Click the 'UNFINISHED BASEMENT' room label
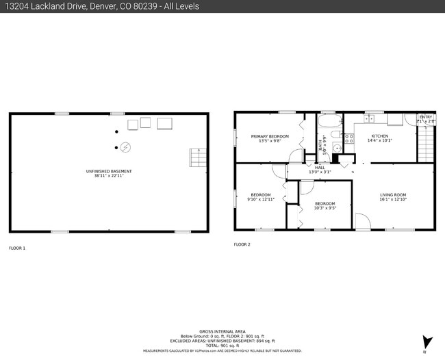point(109,171)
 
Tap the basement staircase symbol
point(197,159)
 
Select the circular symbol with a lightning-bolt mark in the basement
point(125,146)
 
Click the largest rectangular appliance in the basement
point(165,124)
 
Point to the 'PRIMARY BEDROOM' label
point(270,136)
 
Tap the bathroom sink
point(336,147)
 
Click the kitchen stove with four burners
point(348,140)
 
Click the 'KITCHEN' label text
point(380,136)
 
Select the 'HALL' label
point(319,167)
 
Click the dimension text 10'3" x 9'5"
point(325,208)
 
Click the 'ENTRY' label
point(426,117)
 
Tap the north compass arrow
point(427,342)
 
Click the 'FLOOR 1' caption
point(17,248)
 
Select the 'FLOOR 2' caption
point(242,244)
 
